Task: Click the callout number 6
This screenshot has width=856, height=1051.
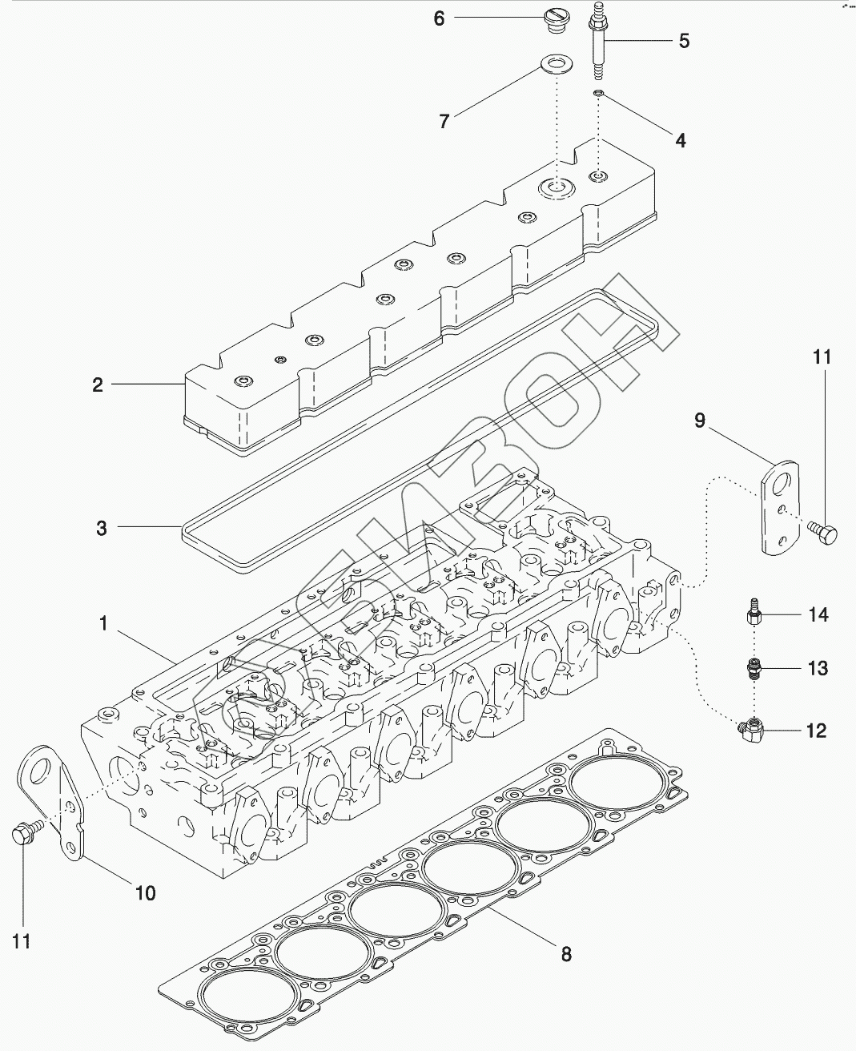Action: click(x=439, y=18)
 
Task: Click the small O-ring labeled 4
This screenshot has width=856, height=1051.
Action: click(x=598, y=95)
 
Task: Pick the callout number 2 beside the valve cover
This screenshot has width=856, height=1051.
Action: click(x=98, y=385)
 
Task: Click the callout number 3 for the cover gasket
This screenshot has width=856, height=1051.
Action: click(x=101, y=528)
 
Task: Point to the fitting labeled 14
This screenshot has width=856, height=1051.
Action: click(x=753, y=616)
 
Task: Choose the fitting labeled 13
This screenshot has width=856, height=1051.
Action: click(x=754, y=667)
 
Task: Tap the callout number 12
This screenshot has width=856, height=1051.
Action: click(x=816, y=731)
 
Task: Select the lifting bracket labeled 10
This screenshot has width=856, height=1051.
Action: click(x=56, y=801)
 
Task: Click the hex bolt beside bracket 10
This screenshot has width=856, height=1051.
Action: click(x=22, y=835)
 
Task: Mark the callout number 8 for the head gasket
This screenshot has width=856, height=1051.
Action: click(x=565, y=955)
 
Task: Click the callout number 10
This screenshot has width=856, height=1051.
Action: click(x=145, y=892)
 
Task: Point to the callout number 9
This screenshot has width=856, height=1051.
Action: click(x=700, y=421)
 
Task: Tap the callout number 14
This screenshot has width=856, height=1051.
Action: click(x=818, y=615)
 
